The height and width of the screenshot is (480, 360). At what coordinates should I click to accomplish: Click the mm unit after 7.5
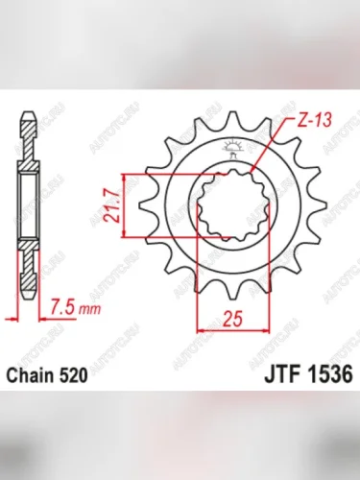[x=87, y=311]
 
